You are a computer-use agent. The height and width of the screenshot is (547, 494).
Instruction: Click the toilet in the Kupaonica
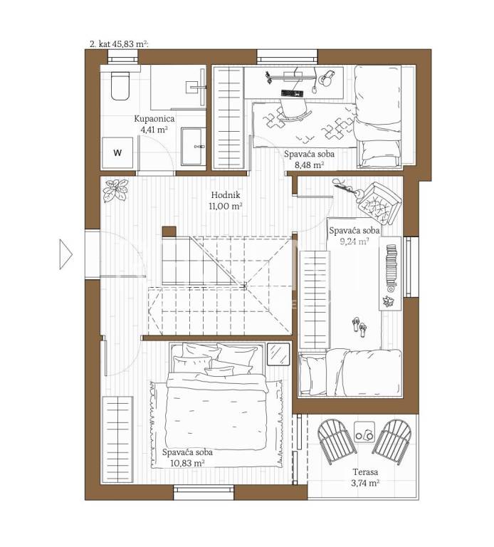[120, 85]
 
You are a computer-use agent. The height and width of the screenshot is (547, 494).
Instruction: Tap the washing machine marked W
[117, 152]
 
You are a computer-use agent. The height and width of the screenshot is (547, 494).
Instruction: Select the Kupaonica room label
[154, 119]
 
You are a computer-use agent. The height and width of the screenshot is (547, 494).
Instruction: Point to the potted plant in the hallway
[115, 190]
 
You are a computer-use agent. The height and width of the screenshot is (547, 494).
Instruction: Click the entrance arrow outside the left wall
[65, 254]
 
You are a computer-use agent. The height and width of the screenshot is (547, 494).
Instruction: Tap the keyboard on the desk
[292, 93]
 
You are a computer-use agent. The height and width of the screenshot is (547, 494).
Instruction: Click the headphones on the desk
[327, 78]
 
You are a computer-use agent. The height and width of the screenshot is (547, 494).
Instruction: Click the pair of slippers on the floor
[359, 327]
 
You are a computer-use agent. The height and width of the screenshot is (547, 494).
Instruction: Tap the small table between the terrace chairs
[364, 432]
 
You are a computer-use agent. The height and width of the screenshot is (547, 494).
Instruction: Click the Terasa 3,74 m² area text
[365, 478]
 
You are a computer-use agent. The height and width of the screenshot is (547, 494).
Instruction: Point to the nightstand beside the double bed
[278, 354]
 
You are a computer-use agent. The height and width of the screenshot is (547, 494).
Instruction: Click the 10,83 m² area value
[187, 463]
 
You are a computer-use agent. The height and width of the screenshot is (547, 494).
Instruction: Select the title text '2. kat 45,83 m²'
[119, 44]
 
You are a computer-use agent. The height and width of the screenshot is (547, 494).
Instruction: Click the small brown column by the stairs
[169, 231]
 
